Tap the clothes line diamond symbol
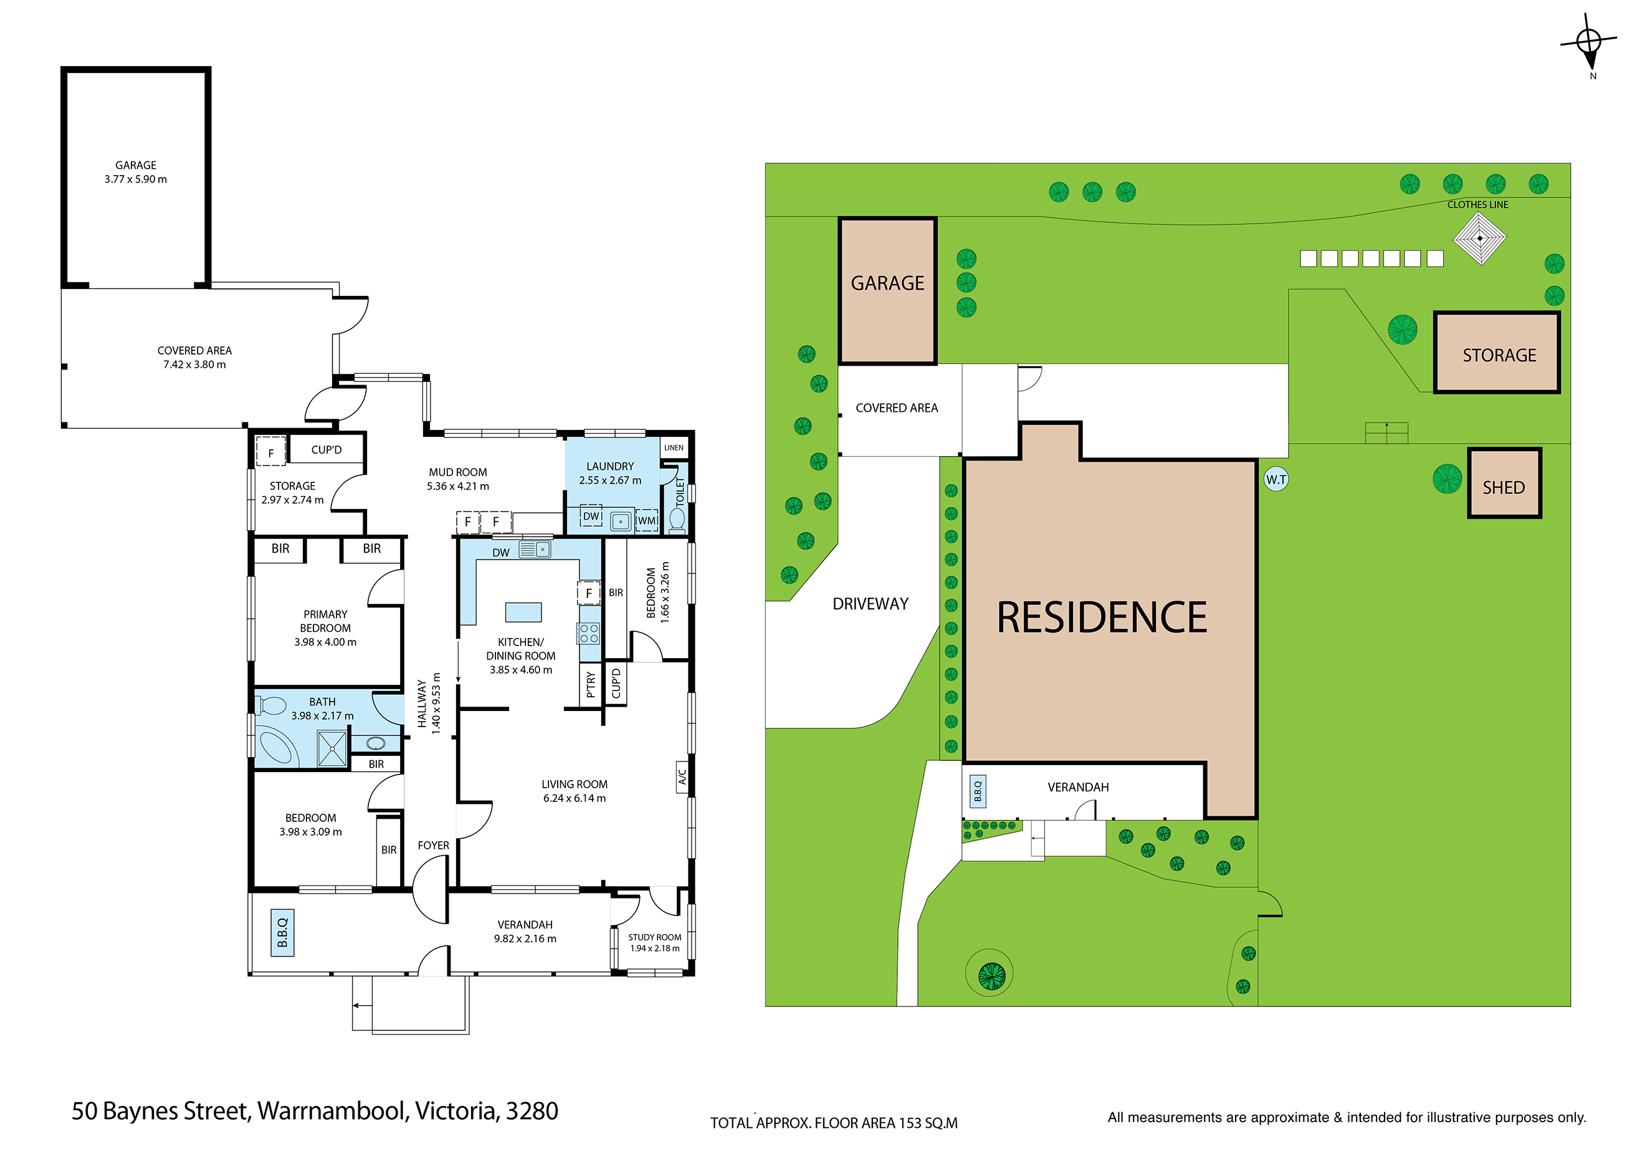click(x=1479, y=238)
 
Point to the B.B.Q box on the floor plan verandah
click(x=282, y=933)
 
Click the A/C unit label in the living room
click(x=682, y=777)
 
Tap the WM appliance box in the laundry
click(x=646, y=520)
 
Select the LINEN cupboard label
click(x=674, y=448)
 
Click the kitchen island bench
click(x=523, y=612)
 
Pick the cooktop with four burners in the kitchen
click(x=589, y=632)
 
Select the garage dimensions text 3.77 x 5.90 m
click(x=136, y=179)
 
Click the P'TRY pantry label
click(x=590, y=684)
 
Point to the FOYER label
click(x=433, y=846)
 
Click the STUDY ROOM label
click(x=654, y=937)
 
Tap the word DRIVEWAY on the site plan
click(x=870, y=604)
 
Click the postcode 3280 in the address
click(x=532, y=1111)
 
